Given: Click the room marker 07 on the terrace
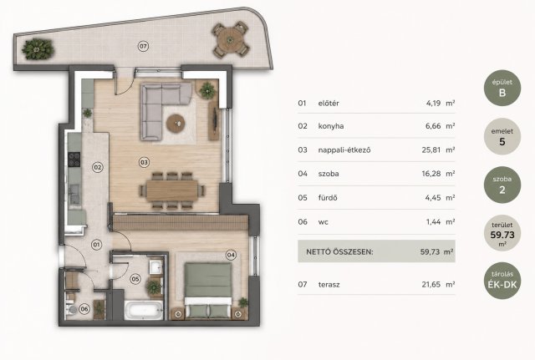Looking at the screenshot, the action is click(143, 46).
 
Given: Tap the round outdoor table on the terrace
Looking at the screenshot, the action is click(231, 39).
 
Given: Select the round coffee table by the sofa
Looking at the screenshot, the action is click(176, 124).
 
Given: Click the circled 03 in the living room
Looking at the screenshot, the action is click(144, 162).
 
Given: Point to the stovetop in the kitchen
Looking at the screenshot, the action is click(74, 160).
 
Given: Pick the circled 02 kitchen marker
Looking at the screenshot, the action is click(98, 167).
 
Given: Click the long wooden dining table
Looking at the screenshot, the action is click(172, 190).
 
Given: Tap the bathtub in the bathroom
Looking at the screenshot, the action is click(143, 310).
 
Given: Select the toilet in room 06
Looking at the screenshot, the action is click(71, 309).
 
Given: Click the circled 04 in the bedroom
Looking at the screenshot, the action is click(231, 255).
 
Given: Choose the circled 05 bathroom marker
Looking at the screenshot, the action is click(135, 279).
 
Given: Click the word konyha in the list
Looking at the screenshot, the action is click(331, 126).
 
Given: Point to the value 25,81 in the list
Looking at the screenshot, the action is click(431, 150).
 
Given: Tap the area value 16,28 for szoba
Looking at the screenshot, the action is click(431, 174).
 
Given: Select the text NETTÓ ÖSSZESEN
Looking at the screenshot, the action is click(340, 252).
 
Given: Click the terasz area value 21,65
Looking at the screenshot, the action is click(431, 284).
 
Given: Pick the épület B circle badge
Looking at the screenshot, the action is click(502, 88).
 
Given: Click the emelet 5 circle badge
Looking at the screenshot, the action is click(502, 136).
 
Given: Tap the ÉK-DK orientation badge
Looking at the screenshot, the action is click(502, 281).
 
